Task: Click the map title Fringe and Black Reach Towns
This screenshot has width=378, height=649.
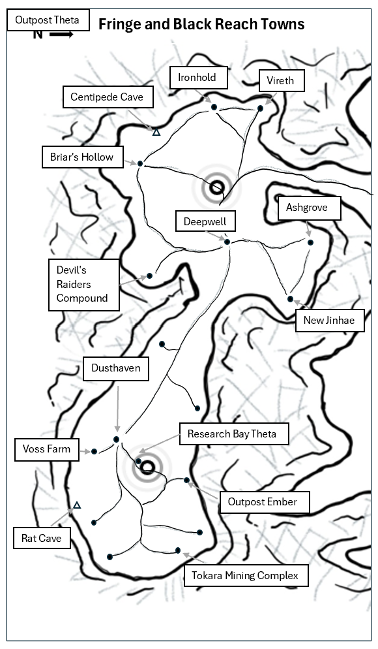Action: [x=201, y=24]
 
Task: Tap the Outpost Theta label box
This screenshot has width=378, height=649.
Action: [x=48, y=20]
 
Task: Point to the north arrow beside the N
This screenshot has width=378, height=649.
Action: [x=61, y=35]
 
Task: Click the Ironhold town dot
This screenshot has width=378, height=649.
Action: [x=214, y=107]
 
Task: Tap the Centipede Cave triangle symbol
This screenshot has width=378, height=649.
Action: [x=156, y=132]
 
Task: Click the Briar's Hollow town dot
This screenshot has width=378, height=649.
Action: [x=140, y=163]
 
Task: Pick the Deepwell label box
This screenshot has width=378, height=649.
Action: [x=205, y=221]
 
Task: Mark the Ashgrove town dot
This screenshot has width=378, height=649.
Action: [x=311, y=242]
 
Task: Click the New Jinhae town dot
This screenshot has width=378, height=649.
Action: [x=290, y=299]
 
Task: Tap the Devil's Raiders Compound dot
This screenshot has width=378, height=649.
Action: [x=149, y=276]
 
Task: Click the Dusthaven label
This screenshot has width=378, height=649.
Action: [x=116, y=368]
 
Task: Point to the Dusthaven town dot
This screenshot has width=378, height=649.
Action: [x=117, y=439]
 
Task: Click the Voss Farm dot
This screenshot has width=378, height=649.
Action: [x=94, y=451]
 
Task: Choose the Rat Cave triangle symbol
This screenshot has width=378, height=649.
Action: [x=77, y=505]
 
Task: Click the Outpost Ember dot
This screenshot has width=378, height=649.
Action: [x=187, y=480]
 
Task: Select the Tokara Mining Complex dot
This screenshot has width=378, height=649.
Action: [x=178, y=550]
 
